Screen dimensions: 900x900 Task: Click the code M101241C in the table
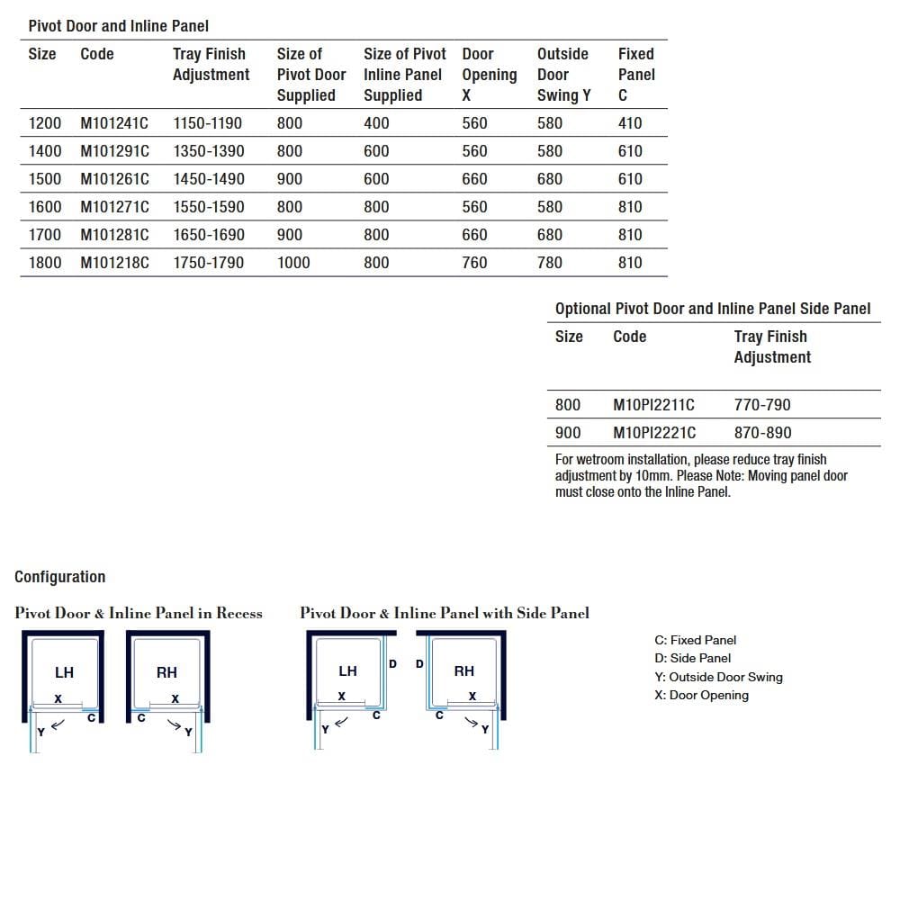tap(115, 123)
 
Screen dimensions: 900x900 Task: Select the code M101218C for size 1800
tap(115, 263)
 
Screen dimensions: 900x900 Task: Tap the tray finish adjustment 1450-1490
tap(208, 179)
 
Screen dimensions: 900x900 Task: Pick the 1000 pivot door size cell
tap(293, 263)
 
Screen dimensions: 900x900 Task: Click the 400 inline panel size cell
tap(376, 123)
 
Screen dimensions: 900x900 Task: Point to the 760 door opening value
tap(474, 263)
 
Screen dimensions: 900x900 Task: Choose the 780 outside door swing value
tap(549, 263)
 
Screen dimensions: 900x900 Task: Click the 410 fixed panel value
tap(630, 123)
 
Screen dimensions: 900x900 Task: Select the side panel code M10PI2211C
tap(653, 405)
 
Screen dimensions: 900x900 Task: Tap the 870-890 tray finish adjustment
tap(762, 433)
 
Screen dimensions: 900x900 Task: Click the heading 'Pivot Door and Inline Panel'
tap(119, 26)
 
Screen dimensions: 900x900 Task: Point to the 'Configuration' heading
tap(60, 577)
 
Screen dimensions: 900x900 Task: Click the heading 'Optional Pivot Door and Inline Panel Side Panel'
tap(713, 309)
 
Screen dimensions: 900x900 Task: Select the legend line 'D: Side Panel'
tap(693, 659)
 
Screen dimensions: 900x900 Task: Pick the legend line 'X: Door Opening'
tap(702, 696)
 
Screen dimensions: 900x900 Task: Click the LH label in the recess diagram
tap(65, 672)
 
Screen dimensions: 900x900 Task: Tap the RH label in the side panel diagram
tap(464, 671)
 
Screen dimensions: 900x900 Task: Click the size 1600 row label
tap(45, 207)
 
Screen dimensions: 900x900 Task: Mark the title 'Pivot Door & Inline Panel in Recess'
tap(139, 614)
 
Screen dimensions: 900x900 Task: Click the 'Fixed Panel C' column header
tap(636, 75)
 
